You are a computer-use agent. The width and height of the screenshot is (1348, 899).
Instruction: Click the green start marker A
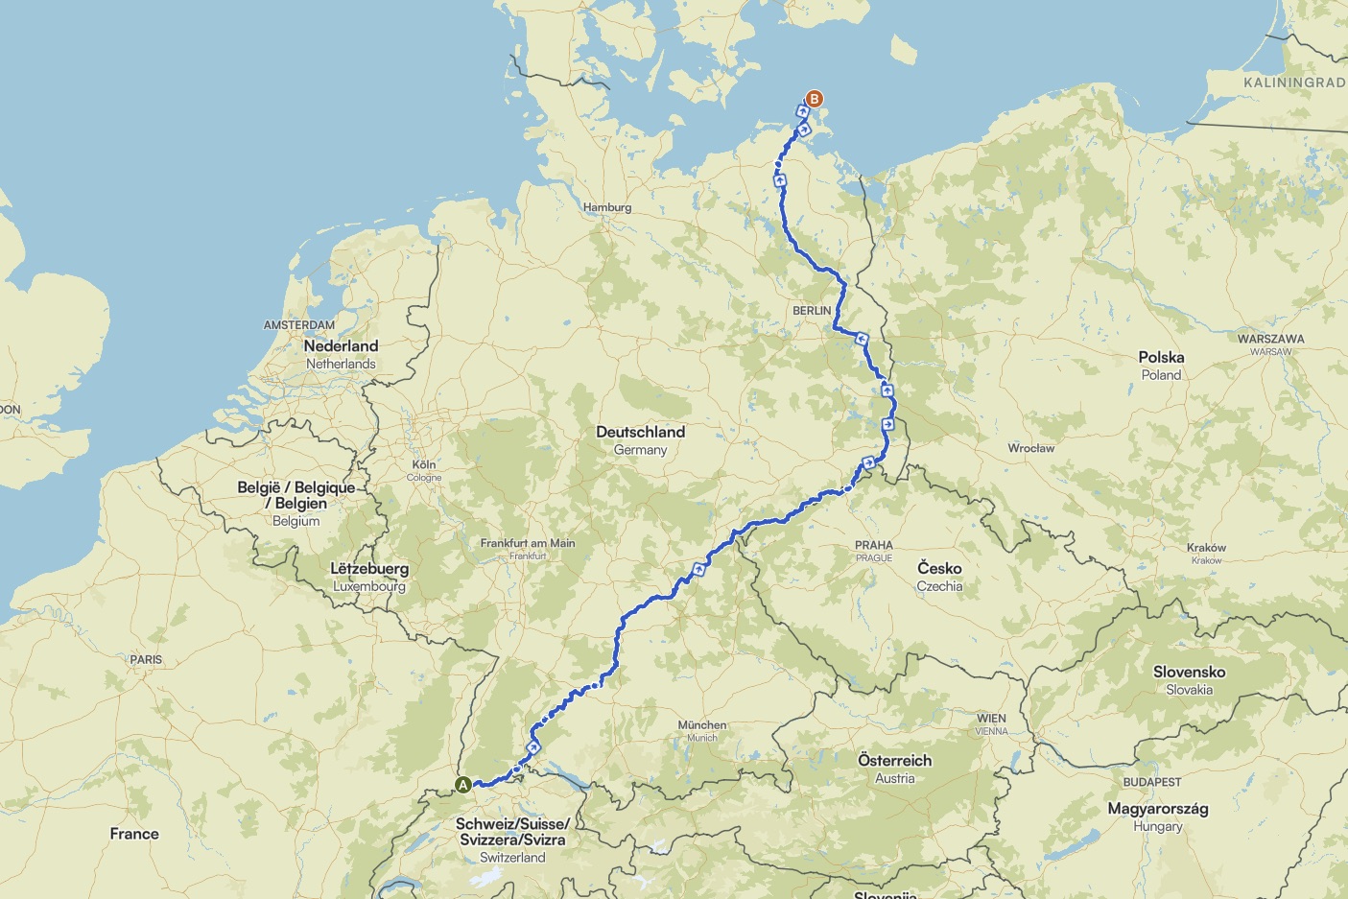tap(463, 785)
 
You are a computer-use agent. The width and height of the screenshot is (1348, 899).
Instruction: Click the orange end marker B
tap(814, 99)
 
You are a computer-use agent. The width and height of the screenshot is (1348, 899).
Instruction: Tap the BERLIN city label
tap(812, 311)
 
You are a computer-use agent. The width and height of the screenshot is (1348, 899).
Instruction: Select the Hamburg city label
tap(607, 207)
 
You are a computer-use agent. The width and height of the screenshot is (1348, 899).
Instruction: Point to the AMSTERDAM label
tap(299, 325)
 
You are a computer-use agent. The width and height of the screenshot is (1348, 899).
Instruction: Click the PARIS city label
tap(146, 660)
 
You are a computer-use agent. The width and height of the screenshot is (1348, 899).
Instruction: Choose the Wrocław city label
tap(1030, 448)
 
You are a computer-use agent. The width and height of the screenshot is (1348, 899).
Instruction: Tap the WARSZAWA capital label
tap(1270, 339)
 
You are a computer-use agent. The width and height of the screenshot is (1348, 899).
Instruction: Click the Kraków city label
tap(1206, 548)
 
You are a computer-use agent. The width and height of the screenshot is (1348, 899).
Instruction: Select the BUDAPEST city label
tap(1151, 782)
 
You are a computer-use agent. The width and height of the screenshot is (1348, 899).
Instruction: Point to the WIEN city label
tap(991, 719)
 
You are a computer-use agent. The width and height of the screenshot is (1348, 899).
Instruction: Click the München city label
tap(702, 725)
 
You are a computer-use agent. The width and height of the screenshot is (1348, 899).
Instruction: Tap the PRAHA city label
tap(873, 545)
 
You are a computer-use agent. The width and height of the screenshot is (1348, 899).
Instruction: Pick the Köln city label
tap(423, 464)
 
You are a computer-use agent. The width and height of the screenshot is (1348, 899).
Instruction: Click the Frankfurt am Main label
tap(528, 543)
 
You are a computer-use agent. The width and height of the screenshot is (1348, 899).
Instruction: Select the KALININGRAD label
tap(1293, 83)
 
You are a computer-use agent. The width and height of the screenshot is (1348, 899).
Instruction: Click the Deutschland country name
tap(640, 432)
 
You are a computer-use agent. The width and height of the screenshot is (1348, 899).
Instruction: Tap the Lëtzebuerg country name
tap(369, 569)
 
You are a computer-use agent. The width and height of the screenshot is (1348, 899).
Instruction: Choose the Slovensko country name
tap(1189, 673)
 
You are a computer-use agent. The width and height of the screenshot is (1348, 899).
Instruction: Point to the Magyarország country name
tap(1157, 809)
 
